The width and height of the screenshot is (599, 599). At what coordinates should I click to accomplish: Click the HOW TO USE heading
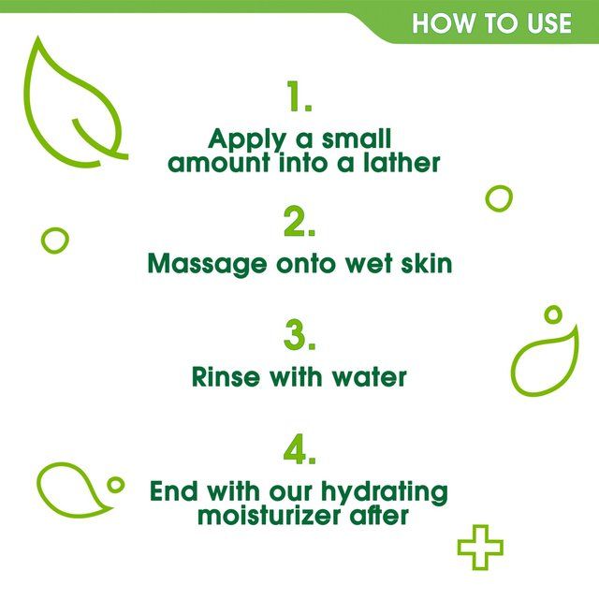point(491,22)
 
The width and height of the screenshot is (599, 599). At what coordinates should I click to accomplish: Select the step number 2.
point(299,224)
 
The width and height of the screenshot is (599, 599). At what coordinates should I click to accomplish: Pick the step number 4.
point(299,449)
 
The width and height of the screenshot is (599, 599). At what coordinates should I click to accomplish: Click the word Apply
point(245,140)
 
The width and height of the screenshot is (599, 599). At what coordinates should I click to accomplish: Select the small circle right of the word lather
point(499,198)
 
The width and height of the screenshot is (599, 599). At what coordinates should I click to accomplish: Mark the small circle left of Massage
point(55,240)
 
